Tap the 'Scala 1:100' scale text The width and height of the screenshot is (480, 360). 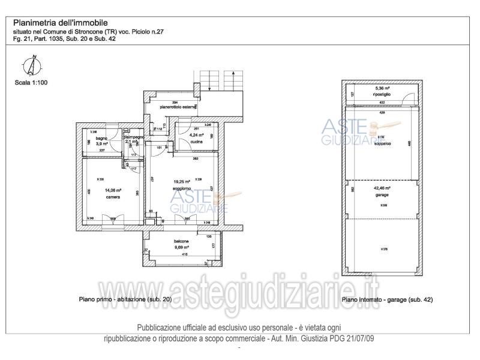tap(31, 83)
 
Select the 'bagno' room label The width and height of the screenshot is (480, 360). tap(92, 139)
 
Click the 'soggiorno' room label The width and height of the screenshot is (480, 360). tap(182, 188)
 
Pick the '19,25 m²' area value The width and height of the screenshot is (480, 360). tap(182, 182)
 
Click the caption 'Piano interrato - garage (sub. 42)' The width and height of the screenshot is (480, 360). tap(387, 299)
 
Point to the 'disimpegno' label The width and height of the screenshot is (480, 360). tap(133, 137)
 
